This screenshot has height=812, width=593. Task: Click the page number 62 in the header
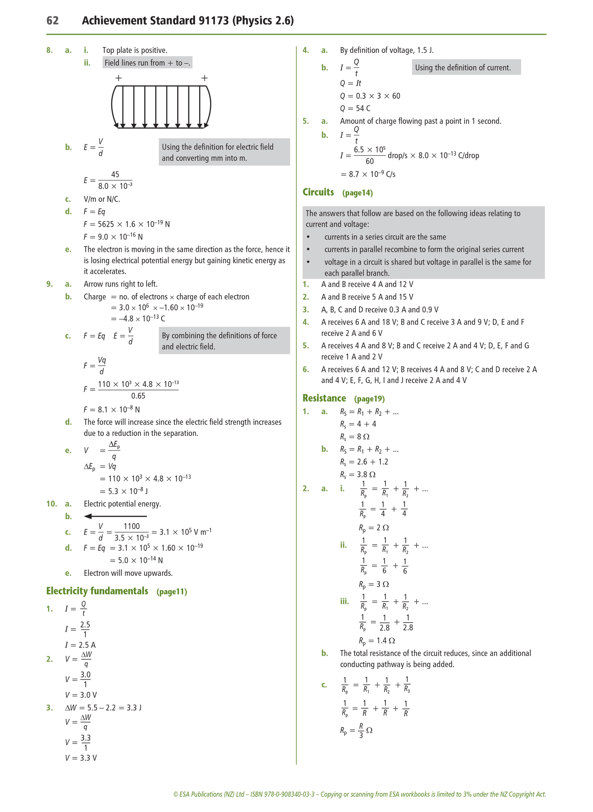click(53, 21)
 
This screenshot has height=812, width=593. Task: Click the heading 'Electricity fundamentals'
click(97, 591)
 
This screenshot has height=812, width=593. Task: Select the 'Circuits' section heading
click(318, 192)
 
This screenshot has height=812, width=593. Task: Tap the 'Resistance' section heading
click(324, 398)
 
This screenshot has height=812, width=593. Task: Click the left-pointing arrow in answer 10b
click(115, 516)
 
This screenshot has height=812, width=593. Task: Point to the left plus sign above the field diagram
click(119, 78)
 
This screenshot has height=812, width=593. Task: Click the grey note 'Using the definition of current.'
click(466, 68)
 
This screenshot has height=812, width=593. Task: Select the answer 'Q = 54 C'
click(355, 108)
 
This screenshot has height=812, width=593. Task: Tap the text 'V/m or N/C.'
click(102, 199)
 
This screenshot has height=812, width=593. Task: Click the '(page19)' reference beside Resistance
click(369, 399)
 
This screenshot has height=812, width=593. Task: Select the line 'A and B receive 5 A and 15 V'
click(367, 297)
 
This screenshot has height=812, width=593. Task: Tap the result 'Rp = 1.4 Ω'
click(377, 641)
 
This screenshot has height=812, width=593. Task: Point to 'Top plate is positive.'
click(135, 50)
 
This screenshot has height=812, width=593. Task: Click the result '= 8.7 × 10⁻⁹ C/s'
click(368, 174)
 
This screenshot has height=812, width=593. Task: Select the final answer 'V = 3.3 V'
click(81, 758)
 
